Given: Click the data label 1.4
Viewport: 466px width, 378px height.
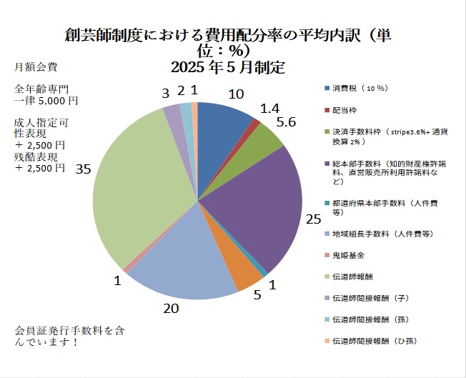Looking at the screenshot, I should pos(269,108).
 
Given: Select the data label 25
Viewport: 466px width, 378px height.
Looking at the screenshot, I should pos(312,219).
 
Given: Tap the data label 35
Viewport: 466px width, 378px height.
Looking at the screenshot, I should pos(83,169).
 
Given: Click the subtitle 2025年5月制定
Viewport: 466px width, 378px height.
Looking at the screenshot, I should pos(228,69).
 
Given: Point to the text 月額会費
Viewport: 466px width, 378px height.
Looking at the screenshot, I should pos(33,68).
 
